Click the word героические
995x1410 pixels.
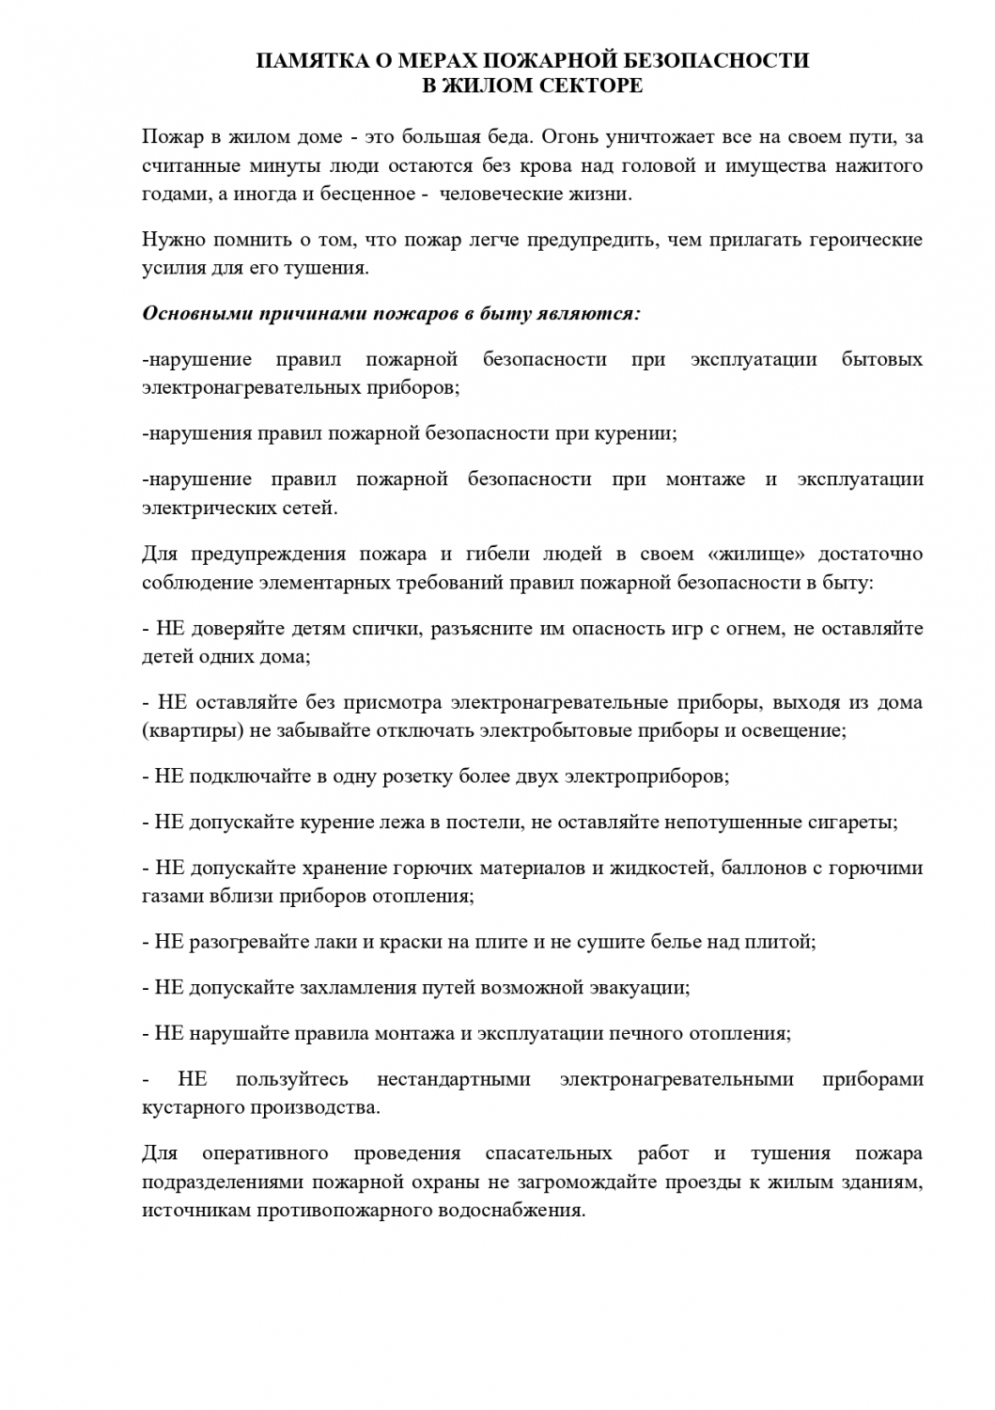point(867,240)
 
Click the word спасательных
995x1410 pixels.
point(548,1153)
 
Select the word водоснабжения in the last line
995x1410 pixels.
point(512,1210)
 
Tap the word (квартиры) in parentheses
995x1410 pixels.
point(190,730)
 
